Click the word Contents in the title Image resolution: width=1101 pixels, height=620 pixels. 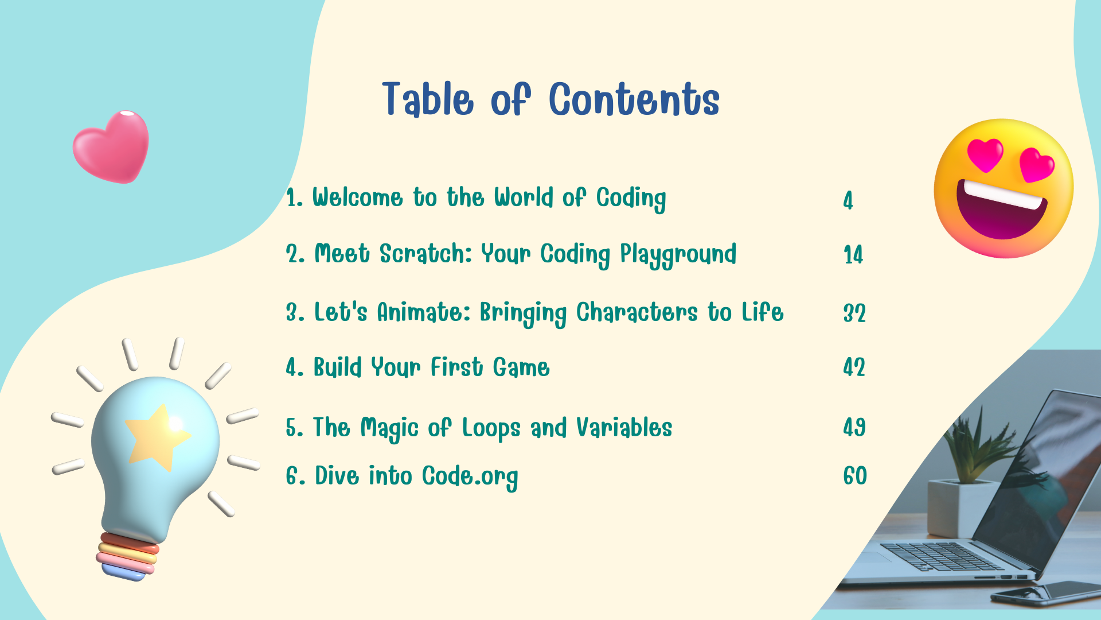click(634, 99)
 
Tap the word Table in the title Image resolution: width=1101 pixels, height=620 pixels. click(428, 99)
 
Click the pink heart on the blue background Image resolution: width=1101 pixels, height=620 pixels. click(111, 146)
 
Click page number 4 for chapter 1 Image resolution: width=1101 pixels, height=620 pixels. click(848, 200)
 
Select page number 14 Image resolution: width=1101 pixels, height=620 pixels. click(853, 255)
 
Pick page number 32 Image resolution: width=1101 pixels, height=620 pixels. click(854, 313)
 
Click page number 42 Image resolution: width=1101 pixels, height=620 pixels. click(854, 367)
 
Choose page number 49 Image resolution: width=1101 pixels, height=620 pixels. click(854, 427)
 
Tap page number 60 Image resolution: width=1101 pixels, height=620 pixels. click(855, 476)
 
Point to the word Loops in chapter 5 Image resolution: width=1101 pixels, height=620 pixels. click(491, 428)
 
